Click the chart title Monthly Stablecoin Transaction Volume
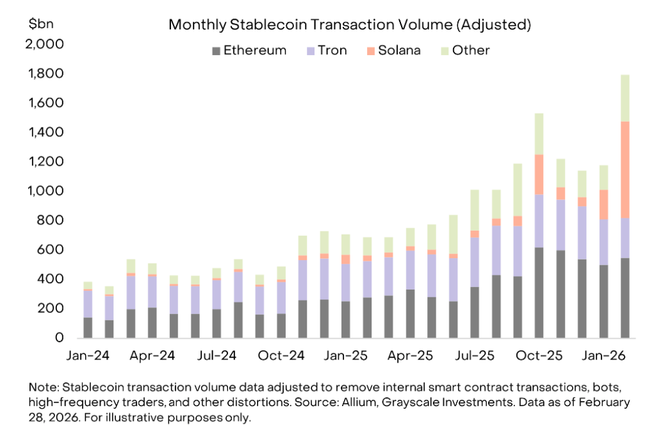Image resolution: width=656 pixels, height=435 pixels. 350,25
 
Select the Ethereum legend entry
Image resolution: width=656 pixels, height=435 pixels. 249,51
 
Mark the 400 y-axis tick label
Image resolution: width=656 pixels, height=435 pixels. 51,279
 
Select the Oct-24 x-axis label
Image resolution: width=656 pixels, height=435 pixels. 281,356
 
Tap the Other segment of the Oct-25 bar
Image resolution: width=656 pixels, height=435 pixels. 539,134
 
